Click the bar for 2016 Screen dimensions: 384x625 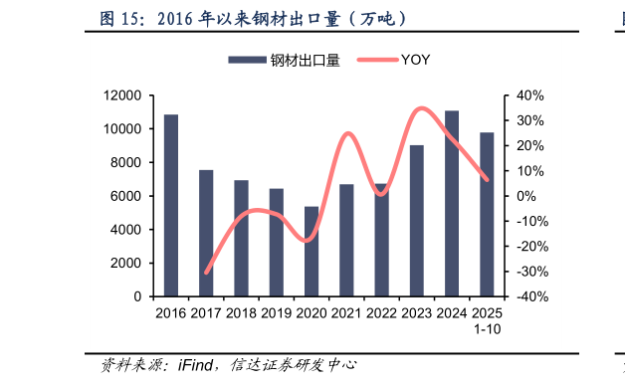pos(171,206)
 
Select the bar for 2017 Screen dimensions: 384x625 pos(206,234)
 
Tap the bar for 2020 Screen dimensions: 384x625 pos(312,252)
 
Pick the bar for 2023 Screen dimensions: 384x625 pos(417,221)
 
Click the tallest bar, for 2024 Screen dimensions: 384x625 pos(452,204)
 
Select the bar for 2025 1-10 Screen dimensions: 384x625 pos(487,215)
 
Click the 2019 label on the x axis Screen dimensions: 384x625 pos(277,313)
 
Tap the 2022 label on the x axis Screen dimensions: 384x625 pos(382,313)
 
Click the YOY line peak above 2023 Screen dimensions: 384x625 pos(422,108)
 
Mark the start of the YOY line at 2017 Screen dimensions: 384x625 pos(206,272)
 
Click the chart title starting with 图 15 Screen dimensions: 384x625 pos(254,19)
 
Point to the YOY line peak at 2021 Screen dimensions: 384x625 pos(347,133)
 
